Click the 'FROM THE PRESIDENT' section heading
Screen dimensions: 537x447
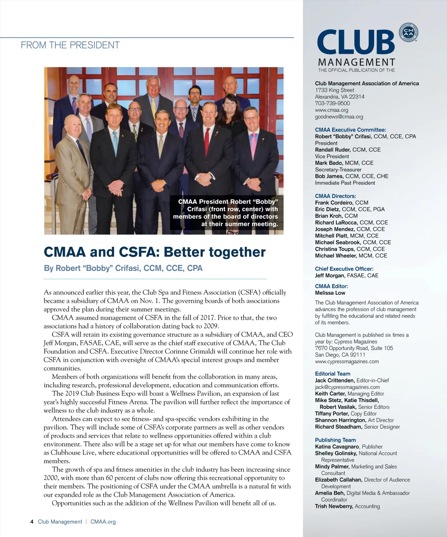point(70,45)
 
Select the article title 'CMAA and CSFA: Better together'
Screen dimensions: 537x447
point(155,252)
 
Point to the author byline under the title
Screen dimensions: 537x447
point(123,268)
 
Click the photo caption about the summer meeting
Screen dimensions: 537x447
point(226,213)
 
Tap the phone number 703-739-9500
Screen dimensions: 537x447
point(332,103)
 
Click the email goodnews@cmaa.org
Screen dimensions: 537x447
point(339,117)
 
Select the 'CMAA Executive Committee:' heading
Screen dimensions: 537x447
point(350,130)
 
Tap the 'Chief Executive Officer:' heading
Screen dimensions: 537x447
point(344,269)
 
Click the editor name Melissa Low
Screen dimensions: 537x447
point(330,293)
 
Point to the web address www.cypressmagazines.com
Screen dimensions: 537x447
point(346,361)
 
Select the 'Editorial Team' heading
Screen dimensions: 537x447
point(332,374)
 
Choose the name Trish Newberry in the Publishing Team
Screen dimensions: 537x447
point(334,506)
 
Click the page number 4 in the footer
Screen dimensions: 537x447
point(32,522)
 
